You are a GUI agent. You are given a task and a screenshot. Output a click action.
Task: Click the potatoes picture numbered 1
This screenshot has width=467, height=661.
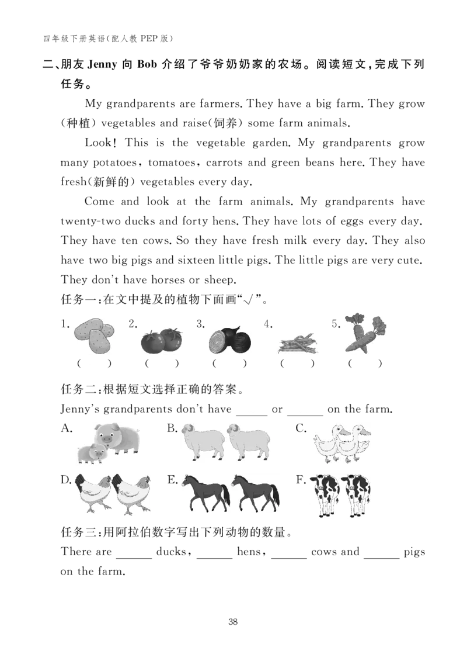coord(94,335)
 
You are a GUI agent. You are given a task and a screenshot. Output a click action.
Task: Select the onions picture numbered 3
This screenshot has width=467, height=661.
coord(230,340)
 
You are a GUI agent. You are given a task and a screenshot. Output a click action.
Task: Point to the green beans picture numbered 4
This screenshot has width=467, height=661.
coord(298,344)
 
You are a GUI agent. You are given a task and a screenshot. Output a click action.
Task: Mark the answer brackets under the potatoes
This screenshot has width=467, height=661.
coord(94,364)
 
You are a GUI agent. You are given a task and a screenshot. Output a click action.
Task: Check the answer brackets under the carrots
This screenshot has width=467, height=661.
coord(365,364)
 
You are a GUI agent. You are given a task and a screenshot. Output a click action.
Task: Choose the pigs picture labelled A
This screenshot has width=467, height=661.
coord(108,443)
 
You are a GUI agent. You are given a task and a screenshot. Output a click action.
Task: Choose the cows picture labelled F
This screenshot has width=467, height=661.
coord(339,495)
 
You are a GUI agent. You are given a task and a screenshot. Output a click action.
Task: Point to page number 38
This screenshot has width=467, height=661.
coord(233,621)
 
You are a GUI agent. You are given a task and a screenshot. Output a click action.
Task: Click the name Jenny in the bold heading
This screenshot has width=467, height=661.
coord(102,64)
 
